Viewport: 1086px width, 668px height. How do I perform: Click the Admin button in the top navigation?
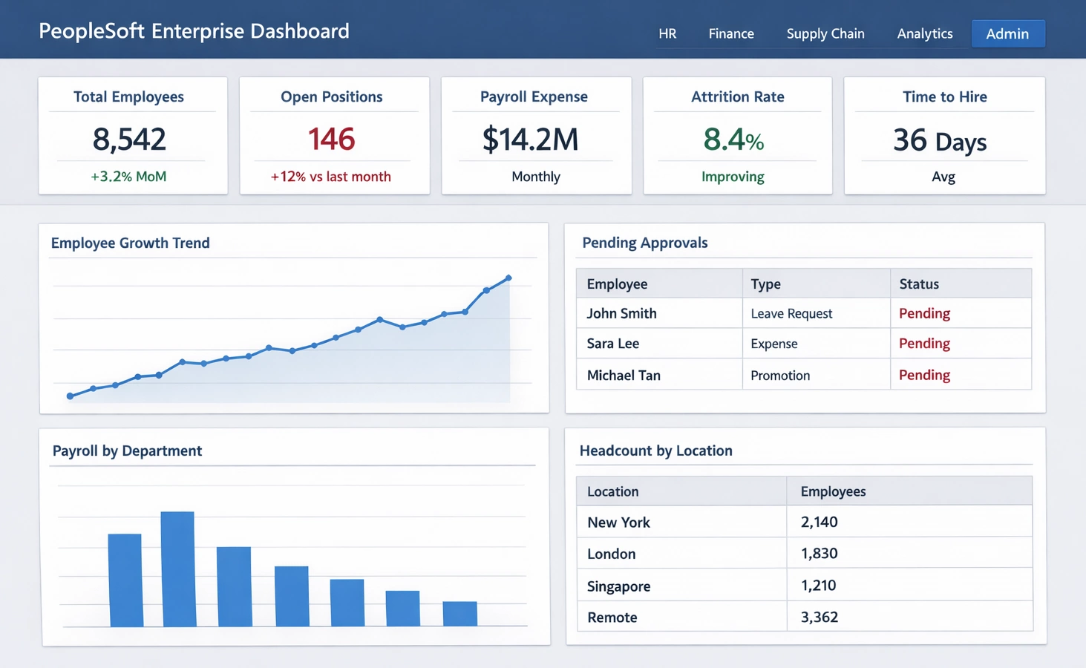click(1007, 33)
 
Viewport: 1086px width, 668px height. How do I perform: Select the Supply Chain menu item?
click(825, 33)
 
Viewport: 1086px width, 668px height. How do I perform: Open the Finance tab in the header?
click(730, 33)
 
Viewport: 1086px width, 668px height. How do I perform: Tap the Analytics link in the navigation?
click(924, 33)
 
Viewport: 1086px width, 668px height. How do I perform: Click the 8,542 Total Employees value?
click(129, 139)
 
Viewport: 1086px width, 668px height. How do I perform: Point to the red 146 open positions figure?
click(331, 139)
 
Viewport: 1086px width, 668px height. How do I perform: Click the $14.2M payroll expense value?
click(530, 140)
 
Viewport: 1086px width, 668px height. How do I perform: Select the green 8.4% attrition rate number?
click(733, 140)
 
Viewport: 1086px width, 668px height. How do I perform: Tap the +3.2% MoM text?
click(128, 177)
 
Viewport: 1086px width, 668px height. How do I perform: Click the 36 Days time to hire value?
click(940, 140)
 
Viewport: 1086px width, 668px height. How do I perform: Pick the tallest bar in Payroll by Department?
click(178, 569)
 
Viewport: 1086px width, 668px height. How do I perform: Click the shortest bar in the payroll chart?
click(459, 614)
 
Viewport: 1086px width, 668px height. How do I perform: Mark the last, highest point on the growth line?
click(508, 278)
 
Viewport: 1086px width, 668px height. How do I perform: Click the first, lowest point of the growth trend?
click(71, 396)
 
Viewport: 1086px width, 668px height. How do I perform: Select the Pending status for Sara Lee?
click(924, 344)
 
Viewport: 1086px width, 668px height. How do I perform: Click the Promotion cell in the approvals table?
click(780, 376)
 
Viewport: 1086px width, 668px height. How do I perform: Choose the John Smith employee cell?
click(621, 313)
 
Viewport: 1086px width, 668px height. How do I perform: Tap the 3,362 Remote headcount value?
click(820, 617)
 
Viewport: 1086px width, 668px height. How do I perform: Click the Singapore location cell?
click(618, 586)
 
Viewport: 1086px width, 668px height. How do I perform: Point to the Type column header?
click(765, 284)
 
